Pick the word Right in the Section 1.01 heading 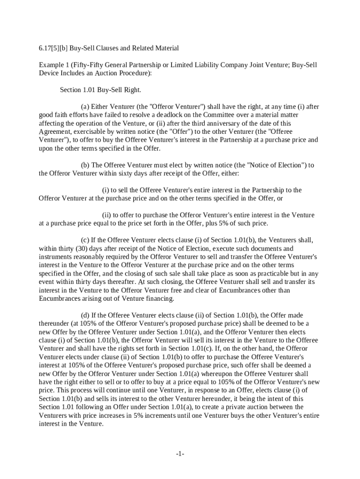point(132,90)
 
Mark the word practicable point(262,274)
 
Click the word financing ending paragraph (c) point(173,299)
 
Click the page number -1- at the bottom point(180,454)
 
